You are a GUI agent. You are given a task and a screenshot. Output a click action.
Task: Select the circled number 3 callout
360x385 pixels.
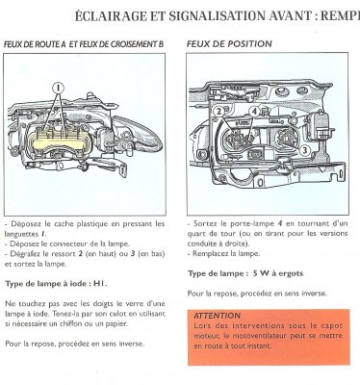tap(304, 150)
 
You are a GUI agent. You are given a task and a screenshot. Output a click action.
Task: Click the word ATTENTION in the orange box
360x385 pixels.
tap(218, 315)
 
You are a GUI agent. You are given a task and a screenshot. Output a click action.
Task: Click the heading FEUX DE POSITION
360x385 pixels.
tap(229, 44)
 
